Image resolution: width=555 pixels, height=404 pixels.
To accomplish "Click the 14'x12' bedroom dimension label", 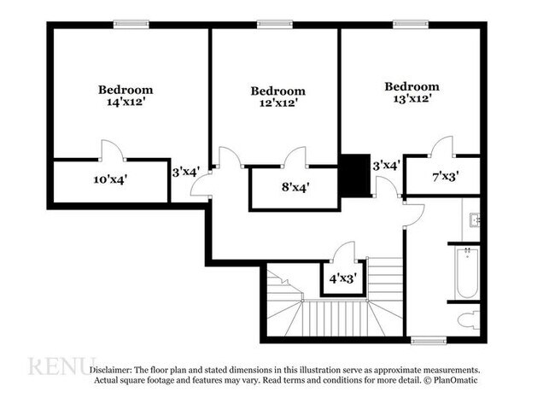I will (126, 102).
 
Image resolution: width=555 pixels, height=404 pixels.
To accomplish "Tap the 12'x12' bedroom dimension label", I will (277, 103).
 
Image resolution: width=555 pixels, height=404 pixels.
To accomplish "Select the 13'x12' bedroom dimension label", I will (411, 98).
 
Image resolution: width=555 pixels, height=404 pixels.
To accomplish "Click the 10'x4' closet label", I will (110, 180).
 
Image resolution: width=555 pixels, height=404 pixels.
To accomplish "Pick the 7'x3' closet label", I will (445, 178).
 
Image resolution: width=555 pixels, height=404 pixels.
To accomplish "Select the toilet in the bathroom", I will (468, 320).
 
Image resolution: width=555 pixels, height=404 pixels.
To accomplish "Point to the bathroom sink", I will (475, 220).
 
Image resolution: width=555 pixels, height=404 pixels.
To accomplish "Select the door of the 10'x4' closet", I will (113, 150).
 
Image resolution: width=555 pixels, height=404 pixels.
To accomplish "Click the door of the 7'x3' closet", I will (441, 147).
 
